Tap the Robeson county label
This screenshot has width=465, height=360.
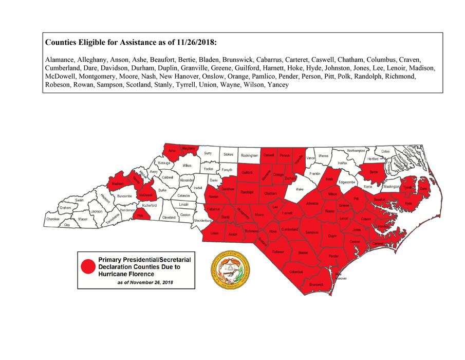278,251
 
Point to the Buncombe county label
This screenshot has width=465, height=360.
124,196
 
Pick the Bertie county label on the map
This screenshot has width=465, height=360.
374,172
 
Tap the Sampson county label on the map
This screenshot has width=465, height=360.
312,232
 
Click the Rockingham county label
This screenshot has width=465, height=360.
249,155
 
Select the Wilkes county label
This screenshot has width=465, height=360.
187,166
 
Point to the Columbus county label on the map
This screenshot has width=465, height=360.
296,271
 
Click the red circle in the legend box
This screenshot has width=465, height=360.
88,266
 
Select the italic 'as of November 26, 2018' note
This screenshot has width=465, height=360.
145,283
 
